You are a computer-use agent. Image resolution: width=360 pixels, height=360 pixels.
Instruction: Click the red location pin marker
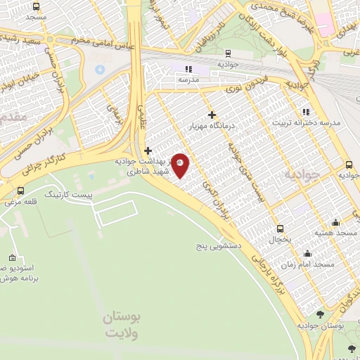pos(181,165)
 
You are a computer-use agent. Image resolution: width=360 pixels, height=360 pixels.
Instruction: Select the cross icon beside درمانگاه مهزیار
pos(212,115)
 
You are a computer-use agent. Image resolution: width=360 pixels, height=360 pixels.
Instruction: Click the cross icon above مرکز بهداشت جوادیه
pos(148,150)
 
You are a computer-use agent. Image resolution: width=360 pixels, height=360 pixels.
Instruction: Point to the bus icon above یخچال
pos(281,229)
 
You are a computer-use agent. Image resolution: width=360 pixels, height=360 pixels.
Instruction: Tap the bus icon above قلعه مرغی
pos(20,191)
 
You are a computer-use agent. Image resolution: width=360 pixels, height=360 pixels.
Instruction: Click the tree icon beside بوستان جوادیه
pos(321,314)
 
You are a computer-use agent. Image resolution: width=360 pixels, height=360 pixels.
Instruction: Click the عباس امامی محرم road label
pos(105,45)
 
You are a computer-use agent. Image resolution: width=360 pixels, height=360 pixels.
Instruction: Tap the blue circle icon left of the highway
pos(99,70)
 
